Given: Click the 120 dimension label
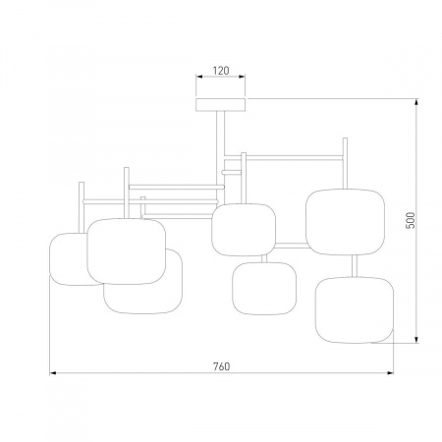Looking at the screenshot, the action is click(221, 71).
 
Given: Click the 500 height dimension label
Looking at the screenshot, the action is click(411, 220).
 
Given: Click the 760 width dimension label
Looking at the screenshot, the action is click(222, 366).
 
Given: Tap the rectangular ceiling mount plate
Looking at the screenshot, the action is click(221, 104).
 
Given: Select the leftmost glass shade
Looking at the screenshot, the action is click(68, 259).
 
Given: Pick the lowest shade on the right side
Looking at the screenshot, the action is click(355, 310).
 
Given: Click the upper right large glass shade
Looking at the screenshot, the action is click(345, 222).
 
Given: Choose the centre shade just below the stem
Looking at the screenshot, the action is click(244, 230).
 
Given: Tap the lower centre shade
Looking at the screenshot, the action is click(264, 289).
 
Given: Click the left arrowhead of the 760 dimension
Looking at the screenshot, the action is click(53, 373).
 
